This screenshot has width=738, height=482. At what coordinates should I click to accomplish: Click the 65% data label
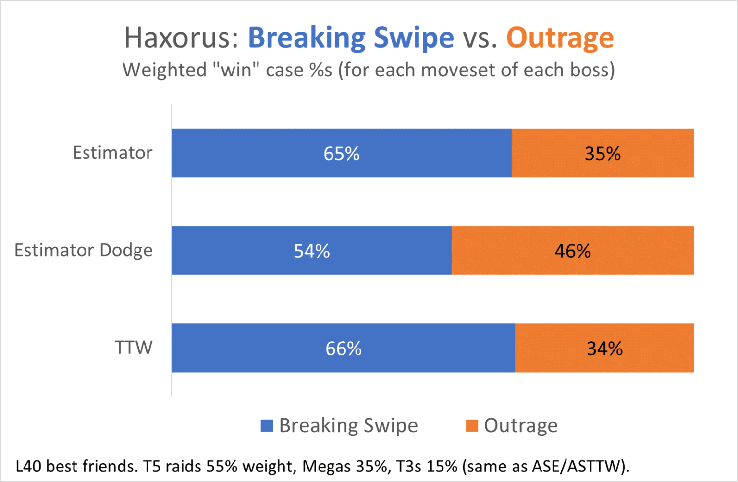tap(342, 154)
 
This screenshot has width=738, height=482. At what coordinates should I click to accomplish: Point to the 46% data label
tap(573, 251)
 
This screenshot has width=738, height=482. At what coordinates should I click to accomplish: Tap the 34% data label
tap(604, 349)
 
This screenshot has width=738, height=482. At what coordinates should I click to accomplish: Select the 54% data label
tap(312, 251)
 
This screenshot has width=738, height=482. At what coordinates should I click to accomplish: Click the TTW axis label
tap(134, 348)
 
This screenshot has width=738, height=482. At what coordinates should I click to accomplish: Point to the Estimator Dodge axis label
tap(84, 250)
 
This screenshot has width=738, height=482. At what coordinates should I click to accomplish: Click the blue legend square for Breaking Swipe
tap(267, 425)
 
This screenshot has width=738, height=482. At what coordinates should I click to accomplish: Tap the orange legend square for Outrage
tap(472, 425)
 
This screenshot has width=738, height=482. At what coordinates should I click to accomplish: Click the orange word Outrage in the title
tap(560, 37)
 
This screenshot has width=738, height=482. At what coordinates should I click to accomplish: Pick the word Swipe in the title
tap(413, 37)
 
